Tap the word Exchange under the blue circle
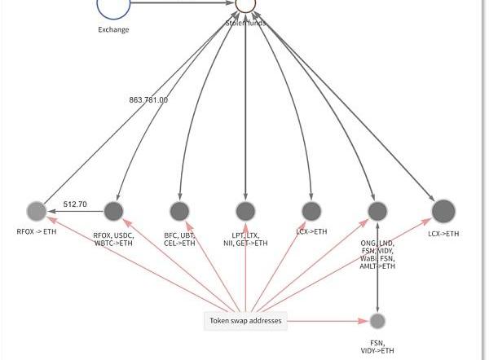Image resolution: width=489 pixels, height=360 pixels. point(113,30)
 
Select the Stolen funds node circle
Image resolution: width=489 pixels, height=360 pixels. point(245,4)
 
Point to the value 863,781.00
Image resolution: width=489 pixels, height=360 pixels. point(148,100)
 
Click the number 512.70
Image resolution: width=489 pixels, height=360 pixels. point(75,204)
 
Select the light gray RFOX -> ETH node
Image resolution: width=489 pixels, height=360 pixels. point(37,212)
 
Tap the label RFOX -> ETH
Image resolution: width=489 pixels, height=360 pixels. point(37,232)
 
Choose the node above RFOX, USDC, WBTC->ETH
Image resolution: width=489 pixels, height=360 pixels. point(113,212)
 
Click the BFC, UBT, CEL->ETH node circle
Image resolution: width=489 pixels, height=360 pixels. point(179,212)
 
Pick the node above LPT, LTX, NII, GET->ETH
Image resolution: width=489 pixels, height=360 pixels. point(245,212)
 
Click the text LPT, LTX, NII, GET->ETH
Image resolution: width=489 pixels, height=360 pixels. point(245,239)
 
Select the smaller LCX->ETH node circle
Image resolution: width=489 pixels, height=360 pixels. point(311,212)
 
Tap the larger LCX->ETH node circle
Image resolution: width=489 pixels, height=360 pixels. point(443,212)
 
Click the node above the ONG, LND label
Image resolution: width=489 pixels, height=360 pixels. point(377,212)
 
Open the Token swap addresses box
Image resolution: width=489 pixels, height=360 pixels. point(245,321)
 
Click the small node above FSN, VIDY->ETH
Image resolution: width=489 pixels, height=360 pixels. point(377,321)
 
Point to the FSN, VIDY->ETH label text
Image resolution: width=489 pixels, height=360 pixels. point(377,347)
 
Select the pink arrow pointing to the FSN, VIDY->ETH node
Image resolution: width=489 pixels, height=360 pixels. point(326,321)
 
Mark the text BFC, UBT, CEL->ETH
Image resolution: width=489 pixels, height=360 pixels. point(179,239)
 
